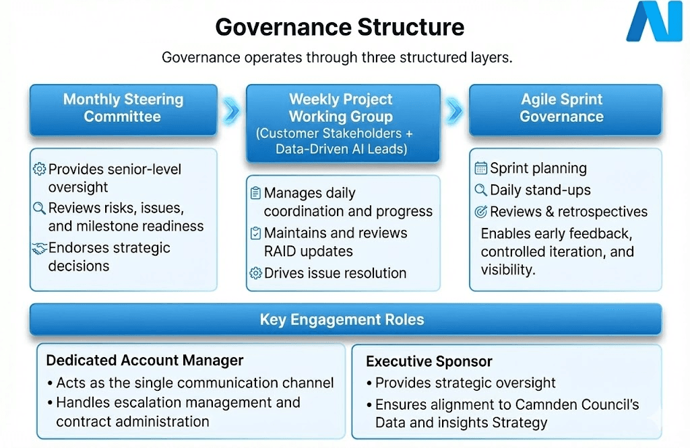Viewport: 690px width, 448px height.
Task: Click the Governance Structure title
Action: (x=340, y=27)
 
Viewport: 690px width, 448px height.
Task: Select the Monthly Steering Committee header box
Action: (x=123, y=110)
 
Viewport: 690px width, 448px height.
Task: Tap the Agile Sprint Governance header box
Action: (x=565, y=110)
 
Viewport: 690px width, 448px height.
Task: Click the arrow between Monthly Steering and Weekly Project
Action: (x=232, y=111)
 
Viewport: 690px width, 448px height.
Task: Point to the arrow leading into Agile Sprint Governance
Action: (x=455, y=111)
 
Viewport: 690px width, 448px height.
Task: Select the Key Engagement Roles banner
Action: (x=346, y=320)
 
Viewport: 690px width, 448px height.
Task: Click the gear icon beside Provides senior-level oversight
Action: (x=39, y=169)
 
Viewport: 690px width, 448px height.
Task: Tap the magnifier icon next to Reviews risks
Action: (x=39, y=208)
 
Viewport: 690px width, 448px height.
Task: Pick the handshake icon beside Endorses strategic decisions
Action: (x=39, y=249)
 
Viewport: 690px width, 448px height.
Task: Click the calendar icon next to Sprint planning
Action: (x=480, y=168)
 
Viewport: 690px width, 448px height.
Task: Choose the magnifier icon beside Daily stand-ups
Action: (x=480, y=190)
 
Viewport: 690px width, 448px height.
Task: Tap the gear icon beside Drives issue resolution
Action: (x=255, y=273)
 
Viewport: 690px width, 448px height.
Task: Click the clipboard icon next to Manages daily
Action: (x=255, y=193)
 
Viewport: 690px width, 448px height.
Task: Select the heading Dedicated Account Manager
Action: (x=145, y=361)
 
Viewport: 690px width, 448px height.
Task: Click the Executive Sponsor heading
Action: (x=429, y=361)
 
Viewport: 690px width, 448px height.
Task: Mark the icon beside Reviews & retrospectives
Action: (x=480, y=212)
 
